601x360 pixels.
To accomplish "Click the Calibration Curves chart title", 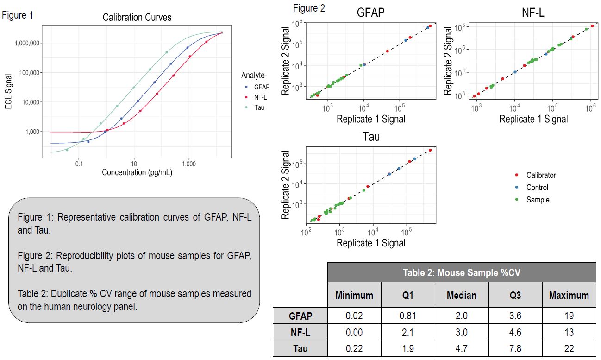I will pos(137,18).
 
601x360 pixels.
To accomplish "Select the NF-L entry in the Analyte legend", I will pos(260,97).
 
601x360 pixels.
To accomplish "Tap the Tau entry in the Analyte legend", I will pos(259,107).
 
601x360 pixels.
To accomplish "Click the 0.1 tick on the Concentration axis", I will pos(79,164).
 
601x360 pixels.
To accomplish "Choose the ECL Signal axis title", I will pos(8,89).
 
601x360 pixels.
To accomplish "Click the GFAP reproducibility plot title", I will pos(370,13).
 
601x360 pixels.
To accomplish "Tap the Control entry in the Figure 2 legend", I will pos(537,188).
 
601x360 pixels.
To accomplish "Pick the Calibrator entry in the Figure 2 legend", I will pos(540,175).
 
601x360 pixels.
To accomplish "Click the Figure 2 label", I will pos(309,8).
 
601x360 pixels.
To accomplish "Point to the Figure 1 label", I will pos(18,15).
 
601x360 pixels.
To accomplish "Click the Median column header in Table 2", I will pos(462,295).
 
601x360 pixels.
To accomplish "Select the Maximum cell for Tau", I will pos(569,348).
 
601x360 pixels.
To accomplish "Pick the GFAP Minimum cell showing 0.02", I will pos(354,316).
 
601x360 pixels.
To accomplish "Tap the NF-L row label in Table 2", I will pos(300,332).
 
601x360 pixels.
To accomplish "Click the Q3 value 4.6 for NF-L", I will pos(515,332).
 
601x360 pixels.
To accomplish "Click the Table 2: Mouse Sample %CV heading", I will pos(461,272).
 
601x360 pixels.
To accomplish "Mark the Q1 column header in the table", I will pos(408,295).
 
